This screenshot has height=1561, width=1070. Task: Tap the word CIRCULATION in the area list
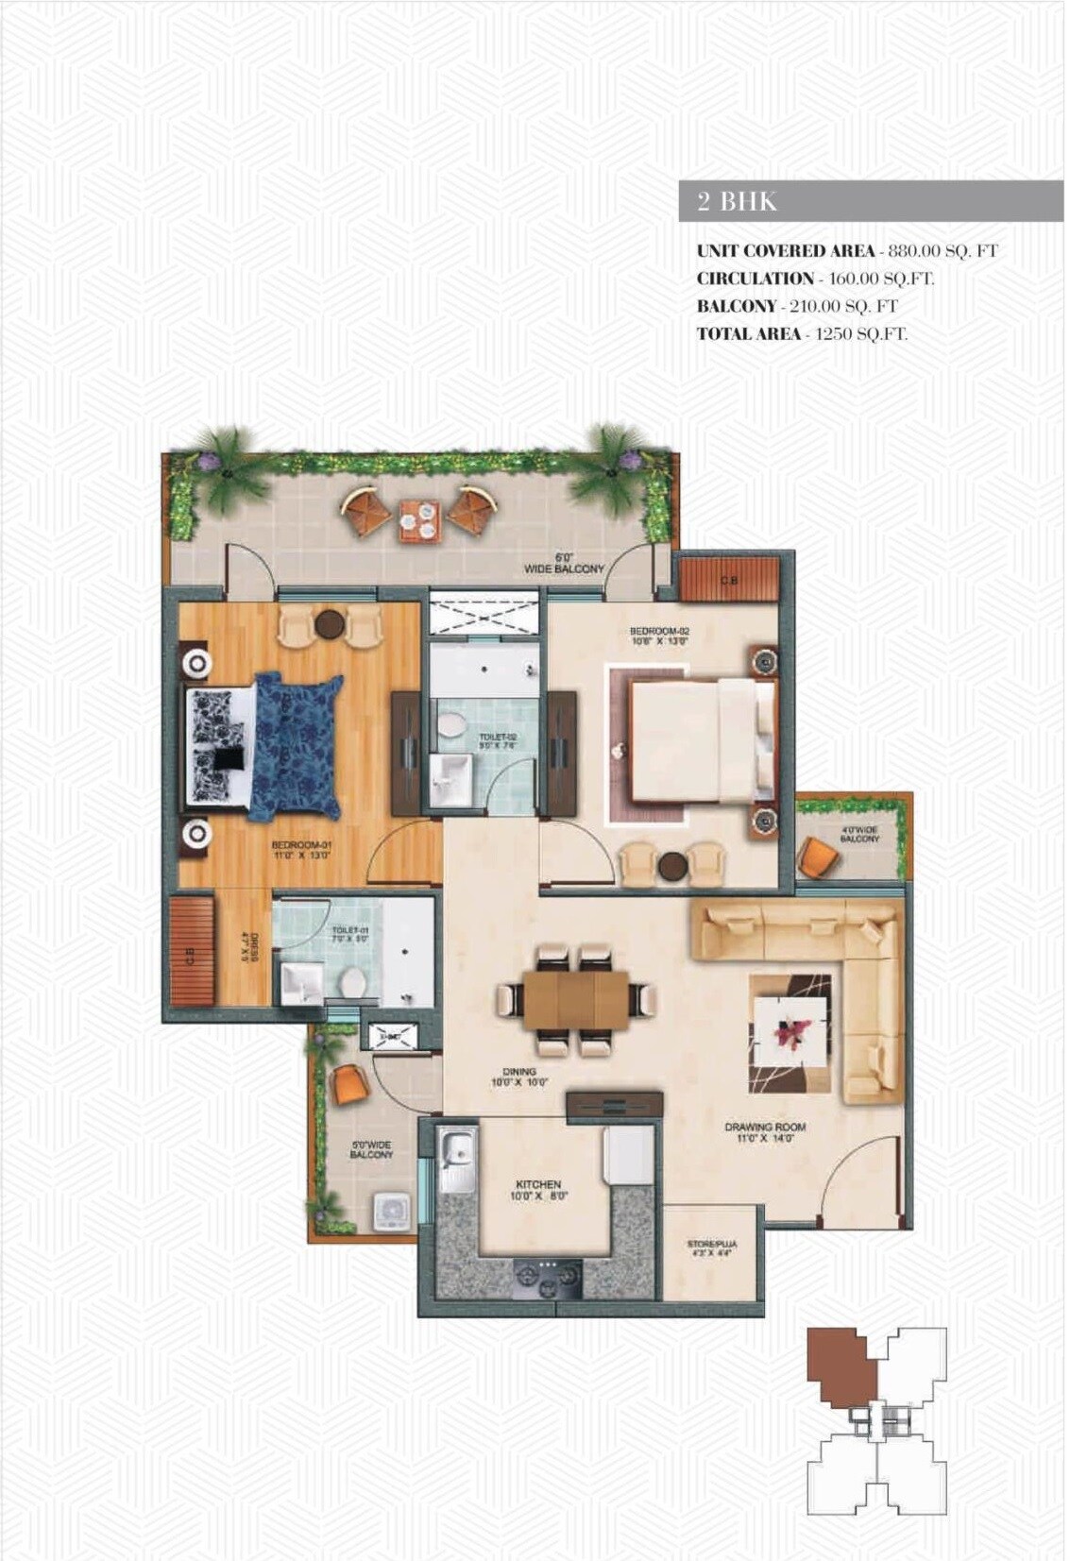point(755,279)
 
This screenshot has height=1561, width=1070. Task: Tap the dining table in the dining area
point(575,999)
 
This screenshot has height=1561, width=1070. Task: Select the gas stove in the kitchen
point(548,1277)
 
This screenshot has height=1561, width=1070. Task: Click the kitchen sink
point(460,1149)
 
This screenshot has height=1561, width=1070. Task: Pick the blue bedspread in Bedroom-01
point(295,746)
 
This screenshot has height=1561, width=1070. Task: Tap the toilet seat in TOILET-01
point(353,981)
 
